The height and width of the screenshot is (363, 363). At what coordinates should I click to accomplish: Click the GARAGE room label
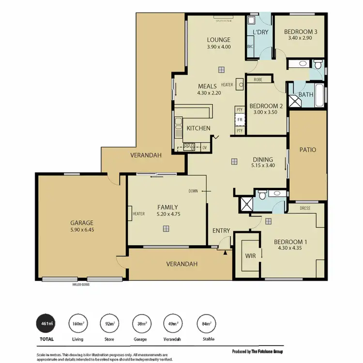coord(82,223)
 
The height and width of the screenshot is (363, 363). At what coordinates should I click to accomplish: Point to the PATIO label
coord(307,150)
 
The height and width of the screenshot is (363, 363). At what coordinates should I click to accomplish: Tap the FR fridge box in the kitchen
coord(239,119)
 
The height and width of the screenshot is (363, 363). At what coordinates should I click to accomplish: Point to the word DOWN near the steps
coord(193,191)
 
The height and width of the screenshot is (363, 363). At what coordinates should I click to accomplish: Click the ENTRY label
coord(221,231)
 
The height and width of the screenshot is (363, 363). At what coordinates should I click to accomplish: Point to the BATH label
coord(305,95)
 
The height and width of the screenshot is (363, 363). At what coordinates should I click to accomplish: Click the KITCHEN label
coord(198,128)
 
